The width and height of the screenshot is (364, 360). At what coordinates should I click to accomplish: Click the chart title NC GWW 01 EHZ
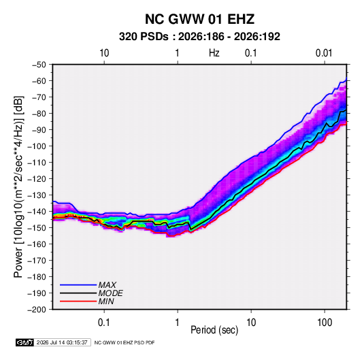pos(199,19)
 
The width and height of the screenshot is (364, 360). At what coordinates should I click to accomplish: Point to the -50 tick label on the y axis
pos(39,65)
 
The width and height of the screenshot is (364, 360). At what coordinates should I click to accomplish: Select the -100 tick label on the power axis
pos(37,146)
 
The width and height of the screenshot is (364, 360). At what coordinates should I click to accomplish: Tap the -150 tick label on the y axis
pos(37,228)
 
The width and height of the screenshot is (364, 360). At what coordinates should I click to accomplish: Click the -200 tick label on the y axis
pos(37,310)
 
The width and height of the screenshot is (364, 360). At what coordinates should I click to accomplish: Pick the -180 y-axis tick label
pos(37,277)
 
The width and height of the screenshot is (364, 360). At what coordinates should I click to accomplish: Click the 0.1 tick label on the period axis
pos(104,323)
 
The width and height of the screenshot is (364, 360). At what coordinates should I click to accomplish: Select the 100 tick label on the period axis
pos(325,323)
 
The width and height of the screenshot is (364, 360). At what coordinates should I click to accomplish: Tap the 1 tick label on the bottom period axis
pos(178,323)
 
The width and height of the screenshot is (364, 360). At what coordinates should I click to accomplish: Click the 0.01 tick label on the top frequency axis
pos(324,53)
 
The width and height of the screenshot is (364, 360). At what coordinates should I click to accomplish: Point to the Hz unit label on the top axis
pos(214,53)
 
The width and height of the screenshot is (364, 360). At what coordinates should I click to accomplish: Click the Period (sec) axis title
pos(214,330)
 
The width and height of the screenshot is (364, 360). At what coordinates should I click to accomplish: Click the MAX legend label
pos(107,285)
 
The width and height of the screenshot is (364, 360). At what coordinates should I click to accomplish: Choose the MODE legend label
pos(110,293)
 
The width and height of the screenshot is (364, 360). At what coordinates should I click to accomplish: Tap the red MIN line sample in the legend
pos(78,301)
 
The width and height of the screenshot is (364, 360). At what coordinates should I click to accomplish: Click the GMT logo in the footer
pos(25,342)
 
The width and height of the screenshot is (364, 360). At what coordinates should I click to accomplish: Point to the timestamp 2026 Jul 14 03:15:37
pos(62,342)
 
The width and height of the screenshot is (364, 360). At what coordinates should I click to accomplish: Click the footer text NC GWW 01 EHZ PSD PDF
pos(125,342)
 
